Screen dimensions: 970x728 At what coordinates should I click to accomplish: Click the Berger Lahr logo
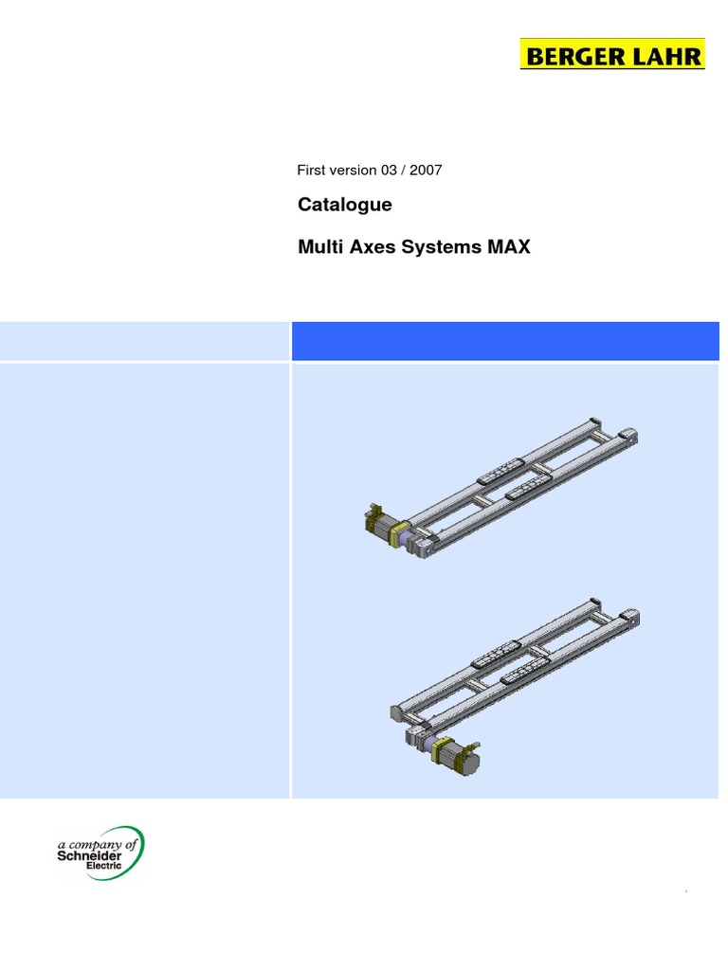[x=612, y=55]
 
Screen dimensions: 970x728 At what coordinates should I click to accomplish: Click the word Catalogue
[x=344, y=205]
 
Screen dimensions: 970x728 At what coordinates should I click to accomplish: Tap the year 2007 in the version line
[x=426, y=171]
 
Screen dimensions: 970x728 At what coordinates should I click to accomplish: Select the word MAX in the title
[x=510, y=248]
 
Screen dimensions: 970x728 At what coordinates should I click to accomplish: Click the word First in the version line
[x=311, y=171]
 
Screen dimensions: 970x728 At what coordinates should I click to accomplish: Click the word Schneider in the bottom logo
[x=91, y=855]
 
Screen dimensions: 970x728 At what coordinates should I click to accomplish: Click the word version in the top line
[x=351, y=171]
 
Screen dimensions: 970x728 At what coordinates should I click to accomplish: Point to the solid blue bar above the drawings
[x=505, y=341]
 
